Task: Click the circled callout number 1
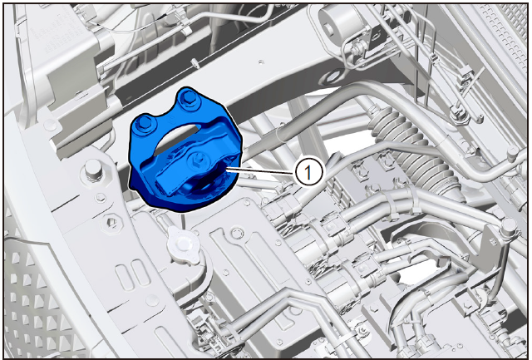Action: [308, 172]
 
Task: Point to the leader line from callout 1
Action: [262, 170]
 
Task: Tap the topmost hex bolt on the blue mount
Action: [187, 98]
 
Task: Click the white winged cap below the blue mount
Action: [183, 245]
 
